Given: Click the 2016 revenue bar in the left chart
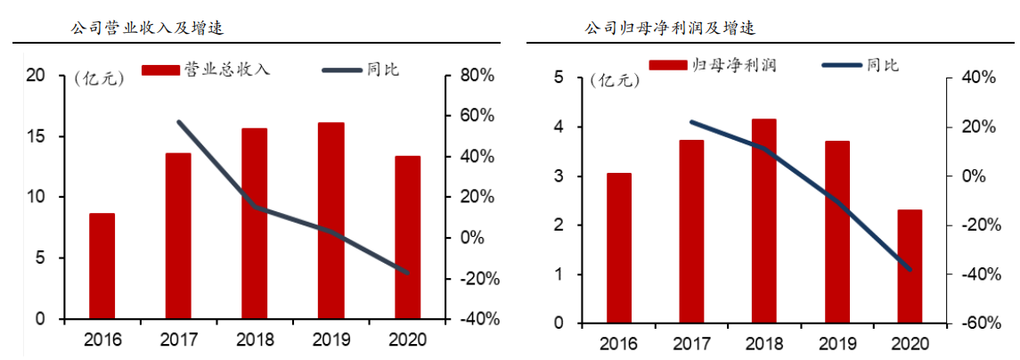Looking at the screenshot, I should click(102, 266).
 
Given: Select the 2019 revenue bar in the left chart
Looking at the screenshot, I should click(330, 220).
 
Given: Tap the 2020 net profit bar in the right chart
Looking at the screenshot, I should click(910, 266).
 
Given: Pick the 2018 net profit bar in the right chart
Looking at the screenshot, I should click(764, 220).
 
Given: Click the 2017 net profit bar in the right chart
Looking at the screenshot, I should click(691, 231).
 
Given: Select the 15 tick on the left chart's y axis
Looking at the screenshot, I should click(36, 136).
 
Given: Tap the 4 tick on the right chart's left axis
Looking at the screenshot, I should click(558, 127).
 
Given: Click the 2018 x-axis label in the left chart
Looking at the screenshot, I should click(256, 340).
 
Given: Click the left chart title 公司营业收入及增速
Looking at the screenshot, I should click(147, 29).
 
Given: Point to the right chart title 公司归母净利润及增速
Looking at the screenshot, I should click(670, 29).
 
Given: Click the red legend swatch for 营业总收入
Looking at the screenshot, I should click(160, 70).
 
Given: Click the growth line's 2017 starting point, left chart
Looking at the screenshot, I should click(179, 122).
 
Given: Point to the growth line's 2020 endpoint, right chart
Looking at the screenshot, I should click(910, 268).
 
